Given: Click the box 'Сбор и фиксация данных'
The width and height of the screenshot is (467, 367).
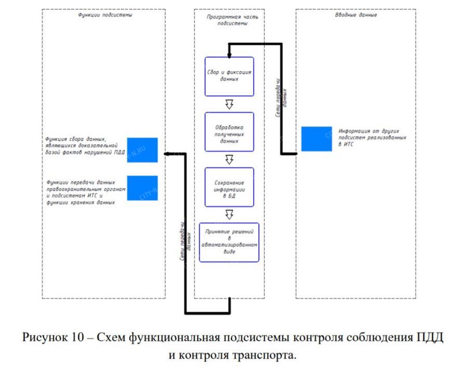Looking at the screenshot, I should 229,76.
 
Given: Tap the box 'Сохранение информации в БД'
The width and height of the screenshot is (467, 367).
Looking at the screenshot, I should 229,187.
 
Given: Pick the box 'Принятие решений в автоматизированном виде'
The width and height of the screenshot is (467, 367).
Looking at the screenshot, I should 229,242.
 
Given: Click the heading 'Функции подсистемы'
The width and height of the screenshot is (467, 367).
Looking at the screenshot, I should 105,15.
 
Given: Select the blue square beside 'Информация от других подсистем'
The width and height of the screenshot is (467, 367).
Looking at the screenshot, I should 317,139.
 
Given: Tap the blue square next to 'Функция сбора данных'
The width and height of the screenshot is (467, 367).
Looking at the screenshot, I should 142,150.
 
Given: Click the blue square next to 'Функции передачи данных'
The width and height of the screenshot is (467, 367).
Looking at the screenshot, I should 142,188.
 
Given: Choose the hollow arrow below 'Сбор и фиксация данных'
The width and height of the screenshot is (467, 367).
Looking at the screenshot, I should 229,104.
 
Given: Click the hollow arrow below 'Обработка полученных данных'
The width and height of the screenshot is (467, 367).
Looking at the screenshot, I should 229,160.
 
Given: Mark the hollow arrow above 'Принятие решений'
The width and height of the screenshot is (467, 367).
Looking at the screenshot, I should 229,214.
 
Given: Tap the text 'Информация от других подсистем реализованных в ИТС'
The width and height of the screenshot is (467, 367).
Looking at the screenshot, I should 372,137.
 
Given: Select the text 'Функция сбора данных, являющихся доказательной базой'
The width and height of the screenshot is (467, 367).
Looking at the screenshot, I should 83,146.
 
